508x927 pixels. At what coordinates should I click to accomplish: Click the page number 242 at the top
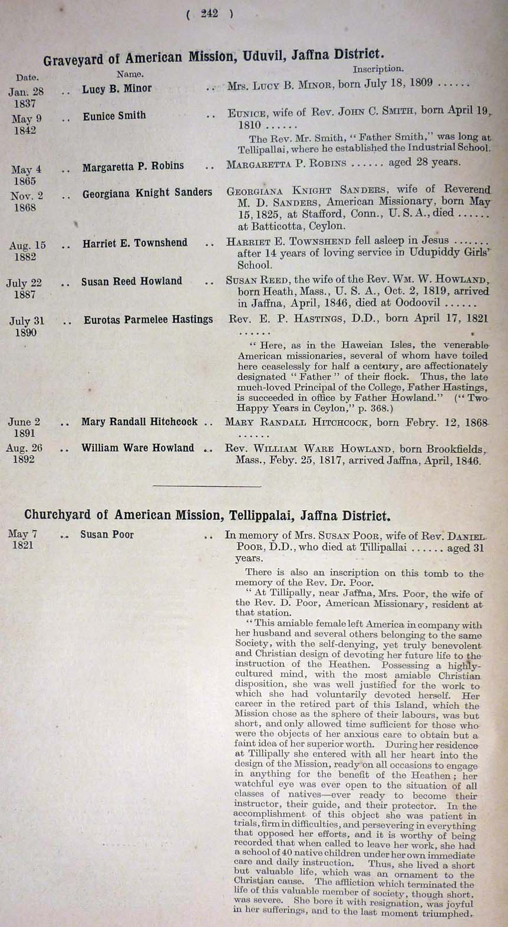point(209,14)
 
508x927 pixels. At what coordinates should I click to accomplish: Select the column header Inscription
point(378,69)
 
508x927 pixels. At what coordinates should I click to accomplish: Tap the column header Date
point(27,77)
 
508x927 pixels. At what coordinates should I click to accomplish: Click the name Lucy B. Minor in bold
point(117,89)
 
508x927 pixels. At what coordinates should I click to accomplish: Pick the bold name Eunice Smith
point(114,116)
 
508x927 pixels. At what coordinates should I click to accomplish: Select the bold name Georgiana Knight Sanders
point(147,192)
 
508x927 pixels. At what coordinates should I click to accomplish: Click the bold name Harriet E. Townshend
point(134,242)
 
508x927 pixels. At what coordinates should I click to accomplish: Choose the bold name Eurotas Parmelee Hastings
point(148,320)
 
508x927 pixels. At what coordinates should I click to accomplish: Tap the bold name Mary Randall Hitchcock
point(139,422)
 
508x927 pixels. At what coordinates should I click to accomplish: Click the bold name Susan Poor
point(107,534)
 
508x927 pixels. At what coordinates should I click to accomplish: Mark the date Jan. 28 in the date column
point(26,92)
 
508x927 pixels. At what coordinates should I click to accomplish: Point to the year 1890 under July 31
point(25,333)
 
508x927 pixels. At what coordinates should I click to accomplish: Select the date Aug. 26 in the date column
point(24,448)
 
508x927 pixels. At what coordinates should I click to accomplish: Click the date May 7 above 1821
point(22,534)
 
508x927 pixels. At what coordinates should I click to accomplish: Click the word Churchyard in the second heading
point(58,515)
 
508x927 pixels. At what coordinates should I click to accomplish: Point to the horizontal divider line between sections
point(206,486)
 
